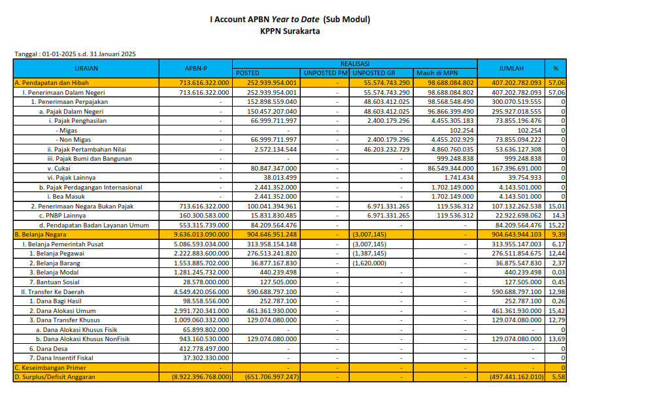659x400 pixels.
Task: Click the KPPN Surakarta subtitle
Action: point(290,31)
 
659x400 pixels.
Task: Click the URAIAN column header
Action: point(86,68)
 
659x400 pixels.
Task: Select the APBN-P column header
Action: point(195,68)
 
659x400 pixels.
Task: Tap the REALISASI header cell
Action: point(355,63)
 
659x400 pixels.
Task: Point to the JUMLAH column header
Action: point(511,68)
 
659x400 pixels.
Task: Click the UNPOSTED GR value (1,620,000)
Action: point(369,263)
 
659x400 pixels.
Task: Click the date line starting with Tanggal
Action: point(75,54)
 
